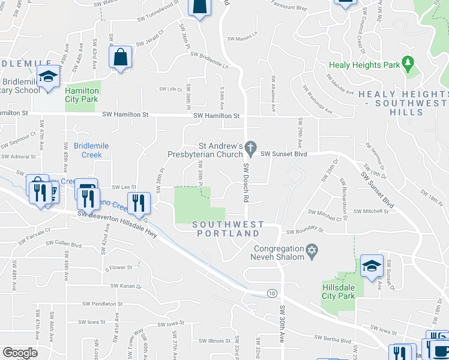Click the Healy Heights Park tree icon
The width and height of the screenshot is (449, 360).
click(408, 62)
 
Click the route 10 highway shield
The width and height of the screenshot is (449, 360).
click(272, 293)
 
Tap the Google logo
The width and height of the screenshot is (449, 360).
click(20, 352)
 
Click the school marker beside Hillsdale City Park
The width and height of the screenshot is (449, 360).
click(372, 266)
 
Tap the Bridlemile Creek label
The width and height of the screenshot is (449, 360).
click(88, 150)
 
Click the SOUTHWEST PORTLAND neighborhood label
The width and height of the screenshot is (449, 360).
click(228, 229)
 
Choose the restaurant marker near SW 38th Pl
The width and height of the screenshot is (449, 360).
click(139, 204)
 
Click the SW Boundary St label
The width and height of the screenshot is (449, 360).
click(305, 231)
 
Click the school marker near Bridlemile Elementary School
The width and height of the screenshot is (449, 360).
click(48, 77)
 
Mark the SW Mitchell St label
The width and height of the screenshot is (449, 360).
click(372, 211)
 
